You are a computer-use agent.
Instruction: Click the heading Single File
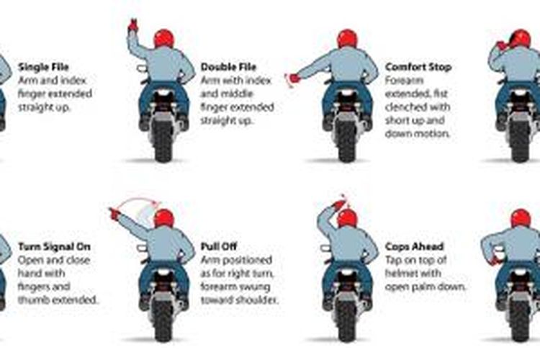[x=43, y=67]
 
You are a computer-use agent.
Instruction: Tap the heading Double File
[x=228, y=67]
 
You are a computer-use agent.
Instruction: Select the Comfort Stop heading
[x=418, y=67]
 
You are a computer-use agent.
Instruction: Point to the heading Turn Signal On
[x=54, y=247]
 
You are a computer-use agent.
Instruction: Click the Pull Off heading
[x=219, y=247]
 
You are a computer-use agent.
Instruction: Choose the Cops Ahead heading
[x=414, y=247]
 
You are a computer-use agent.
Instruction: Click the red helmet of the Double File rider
[x=164, y=39]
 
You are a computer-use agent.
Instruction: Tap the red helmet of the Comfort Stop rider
[x=348, y=39]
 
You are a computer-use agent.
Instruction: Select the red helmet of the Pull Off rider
[x=164, y=218]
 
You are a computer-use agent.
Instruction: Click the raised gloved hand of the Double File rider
[x=133, y=25]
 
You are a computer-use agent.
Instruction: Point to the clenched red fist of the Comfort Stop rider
[x=294, y=78]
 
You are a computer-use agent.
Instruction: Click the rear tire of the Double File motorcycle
[x=163, y=141]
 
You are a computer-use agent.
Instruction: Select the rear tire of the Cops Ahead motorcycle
[x=347, y=321]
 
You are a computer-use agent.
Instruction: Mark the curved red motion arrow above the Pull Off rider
[x=137, y=199]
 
